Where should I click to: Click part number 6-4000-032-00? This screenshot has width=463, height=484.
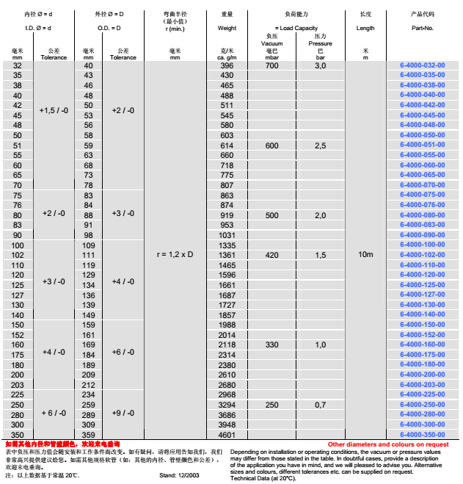coord(423,65)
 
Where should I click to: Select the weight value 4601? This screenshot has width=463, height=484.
coord(227,435)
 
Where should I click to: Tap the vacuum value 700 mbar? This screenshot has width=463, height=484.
coord(272,65)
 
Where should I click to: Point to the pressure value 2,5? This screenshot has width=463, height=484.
coord(321,145)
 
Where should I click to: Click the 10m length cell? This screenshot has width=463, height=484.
coord(366,254)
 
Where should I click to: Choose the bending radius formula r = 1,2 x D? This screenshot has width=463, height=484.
coord(175,254)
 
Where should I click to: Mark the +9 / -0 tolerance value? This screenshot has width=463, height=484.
coord(123,413)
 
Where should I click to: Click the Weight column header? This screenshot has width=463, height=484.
coord(227,28)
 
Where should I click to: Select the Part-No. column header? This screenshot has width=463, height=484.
coord(423,28)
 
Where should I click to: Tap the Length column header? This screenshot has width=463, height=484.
coord(366,28)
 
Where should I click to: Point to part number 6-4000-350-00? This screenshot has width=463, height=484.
coord(423,435)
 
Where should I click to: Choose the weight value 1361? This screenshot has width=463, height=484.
coord(227,255)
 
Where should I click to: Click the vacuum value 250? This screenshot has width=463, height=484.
coord(272,404)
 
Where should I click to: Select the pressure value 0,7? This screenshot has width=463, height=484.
coord(321,404)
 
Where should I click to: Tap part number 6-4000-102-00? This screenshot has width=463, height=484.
coord(423,255)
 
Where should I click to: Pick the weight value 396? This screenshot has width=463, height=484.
coord(227,65)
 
